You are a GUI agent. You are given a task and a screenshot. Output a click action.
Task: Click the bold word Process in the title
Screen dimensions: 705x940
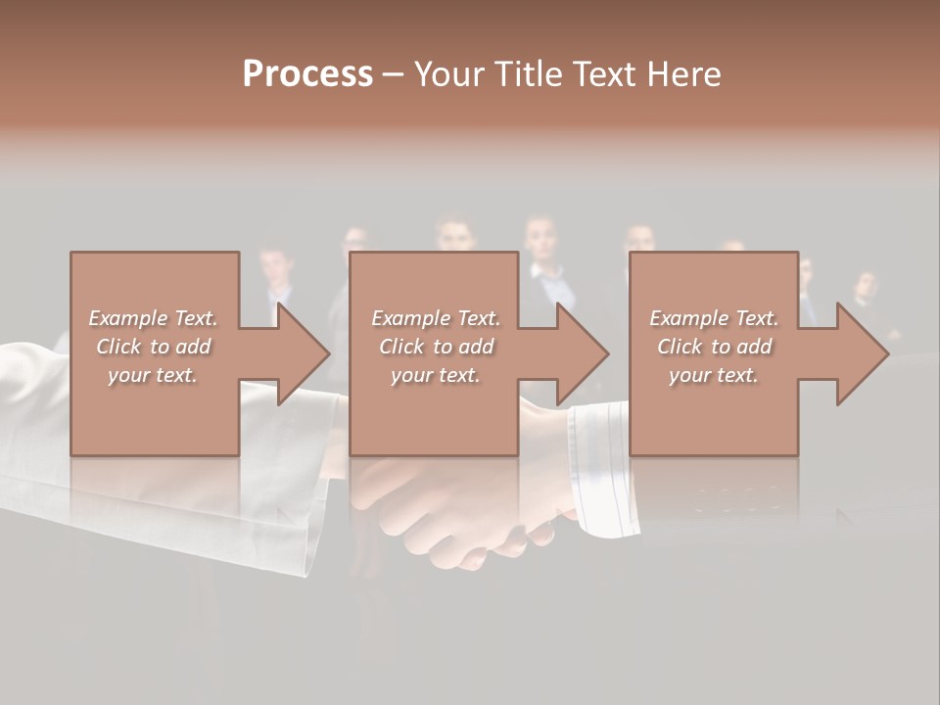(x=307, y=74)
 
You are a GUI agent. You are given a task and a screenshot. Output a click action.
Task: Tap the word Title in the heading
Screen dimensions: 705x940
(x=530, y=74)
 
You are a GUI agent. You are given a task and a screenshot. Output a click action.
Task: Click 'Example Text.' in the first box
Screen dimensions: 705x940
(x=153, y=318)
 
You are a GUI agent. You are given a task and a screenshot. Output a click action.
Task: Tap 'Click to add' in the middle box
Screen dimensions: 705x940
(x=436, y=347)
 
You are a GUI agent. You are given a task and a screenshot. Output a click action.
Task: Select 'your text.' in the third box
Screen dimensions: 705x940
(x=714, y=375)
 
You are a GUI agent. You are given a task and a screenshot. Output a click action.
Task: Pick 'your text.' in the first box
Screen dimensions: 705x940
(x=153, y=375)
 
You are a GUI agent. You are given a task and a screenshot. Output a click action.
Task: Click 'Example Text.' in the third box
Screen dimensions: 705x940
(x=714, y=318)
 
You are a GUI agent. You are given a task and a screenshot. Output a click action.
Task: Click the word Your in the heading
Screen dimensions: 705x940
(x=447, y=74)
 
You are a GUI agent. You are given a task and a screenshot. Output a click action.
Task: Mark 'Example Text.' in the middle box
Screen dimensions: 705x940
(x=436, y=318)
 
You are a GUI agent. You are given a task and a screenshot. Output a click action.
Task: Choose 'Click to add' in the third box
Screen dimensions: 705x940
(x=714, y=347)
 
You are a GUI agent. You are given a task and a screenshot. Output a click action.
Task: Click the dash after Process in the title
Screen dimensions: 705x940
(x=393, y=74)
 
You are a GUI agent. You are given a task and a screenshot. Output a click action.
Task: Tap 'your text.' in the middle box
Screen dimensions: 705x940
(x=436, y=375)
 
